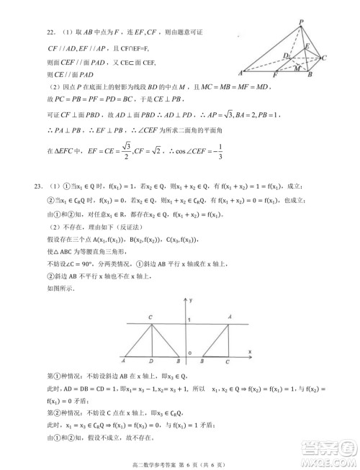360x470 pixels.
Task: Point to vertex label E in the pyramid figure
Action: click(x=307, y=45)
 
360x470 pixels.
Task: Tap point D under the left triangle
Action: click(x=150, y=361)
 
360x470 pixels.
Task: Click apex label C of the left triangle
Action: click(x=150, y=317)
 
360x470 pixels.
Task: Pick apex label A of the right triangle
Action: click(x=229, y=317)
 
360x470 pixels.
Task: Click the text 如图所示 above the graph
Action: click(x=58, y=287)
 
